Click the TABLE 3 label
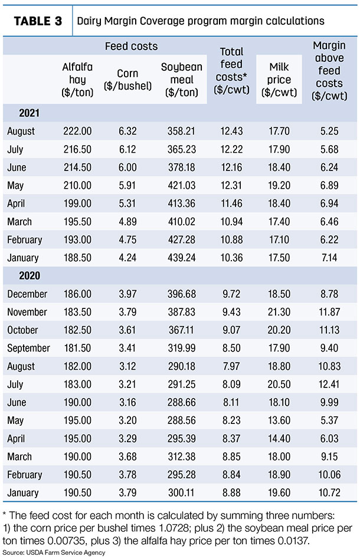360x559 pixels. coord(38,21)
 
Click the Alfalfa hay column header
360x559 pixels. coord(77,80)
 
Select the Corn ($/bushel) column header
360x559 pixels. coord(127,80)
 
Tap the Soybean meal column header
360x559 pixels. coord(182,80)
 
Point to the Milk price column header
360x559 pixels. coord(279,80)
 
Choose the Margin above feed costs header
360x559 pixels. coord(329,71)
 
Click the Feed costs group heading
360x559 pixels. coord(131,47)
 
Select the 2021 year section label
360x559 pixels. coord(30,113)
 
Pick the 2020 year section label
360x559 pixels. coord(30,275)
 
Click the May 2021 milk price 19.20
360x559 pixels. coord(279,185)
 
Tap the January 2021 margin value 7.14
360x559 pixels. coord(329,258)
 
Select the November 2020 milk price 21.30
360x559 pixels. coord(279,312)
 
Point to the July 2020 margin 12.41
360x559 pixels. coord(329,384)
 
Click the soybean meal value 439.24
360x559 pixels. coord(182,258)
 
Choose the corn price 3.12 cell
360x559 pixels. coord(127,366)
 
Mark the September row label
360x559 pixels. coord(28,348)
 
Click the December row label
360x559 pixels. coord(27,294)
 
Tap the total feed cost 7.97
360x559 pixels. coord(231,366)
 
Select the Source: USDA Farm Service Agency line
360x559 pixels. coord(54,553)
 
